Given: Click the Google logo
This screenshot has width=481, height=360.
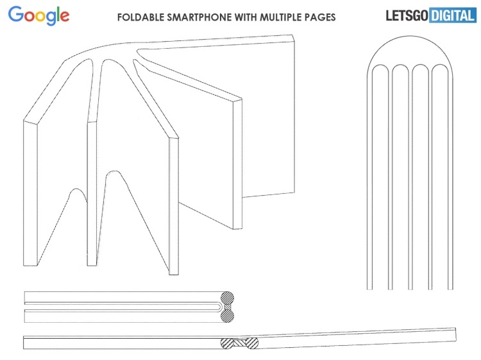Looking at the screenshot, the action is click(38, 16).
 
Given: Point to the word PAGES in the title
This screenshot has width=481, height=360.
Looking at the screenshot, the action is click(319, 17).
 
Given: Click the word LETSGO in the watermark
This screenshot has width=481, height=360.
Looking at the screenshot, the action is click(407, 15).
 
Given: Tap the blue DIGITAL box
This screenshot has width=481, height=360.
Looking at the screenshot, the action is click(453, 15).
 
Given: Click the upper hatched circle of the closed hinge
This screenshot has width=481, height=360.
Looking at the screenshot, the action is click(227, 298).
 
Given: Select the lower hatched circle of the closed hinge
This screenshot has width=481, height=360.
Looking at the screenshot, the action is click(227, 316).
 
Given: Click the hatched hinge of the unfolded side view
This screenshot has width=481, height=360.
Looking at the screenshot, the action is click(239, 343).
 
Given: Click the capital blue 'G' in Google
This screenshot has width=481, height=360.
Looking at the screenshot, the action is click(15, 14).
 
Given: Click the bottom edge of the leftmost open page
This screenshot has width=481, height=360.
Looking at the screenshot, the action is click(30, 265).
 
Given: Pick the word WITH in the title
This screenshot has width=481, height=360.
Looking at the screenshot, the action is click(246, 17).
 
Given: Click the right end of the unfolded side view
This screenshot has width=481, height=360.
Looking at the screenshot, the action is click(456, 334).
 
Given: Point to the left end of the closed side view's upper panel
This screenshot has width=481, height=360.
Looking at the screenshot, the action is click(24, 298).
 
